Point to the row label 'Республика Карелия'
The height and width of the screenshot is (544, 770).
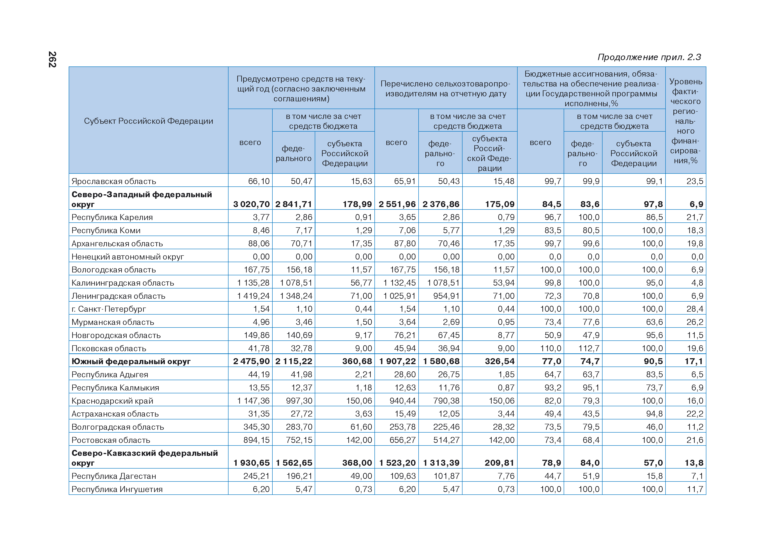pos(112,217)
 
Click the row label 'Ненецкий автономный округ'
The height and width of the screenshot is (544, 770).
pos(128,257)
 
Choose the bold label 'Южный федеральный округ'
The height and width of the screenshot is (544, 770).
pos(131,361)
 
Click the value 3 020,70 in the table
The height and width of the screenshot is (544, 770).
pos(251,204)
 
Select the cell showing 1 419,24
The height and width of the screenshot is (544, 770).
pos(253,296)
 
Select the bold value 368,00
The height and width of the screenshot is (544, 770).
pos(357,463)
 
